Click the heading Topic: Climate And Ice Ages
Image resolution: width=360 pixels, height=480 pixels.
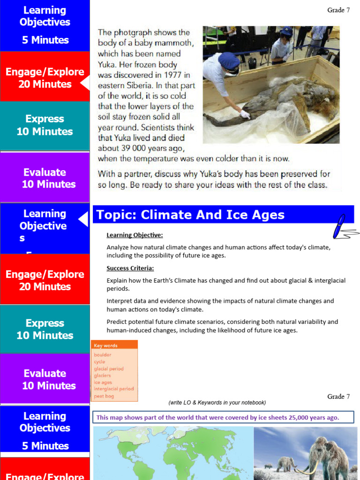(190, 215)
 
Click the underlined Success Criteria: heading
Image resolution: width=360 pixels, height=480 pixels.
(130, 269)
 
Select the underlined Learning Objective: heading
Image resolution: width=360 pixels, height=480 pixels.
(135, 235)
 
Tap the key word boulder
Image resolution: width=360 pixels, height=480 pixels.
(102, 355)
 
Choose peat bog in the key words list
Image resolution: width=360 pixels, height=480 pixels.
(104, 396)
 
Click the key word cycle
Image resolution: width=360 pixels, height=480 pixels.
(99, 362)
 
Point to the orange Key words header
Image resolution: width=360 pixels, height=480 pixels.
(106, 345)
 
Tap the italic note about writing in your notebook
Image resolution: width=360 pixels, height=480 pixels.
(217, 403)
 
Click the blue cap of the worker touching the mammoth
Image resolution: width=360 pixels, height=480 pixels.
(229, 60)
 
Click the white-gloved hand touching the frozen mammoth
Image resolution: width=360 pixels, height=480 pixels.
(245, 114)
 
